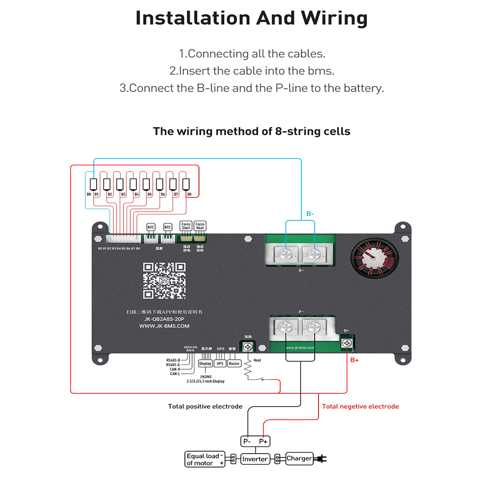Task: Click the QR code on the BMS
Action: (164, 281)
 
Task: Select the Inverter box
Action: (255, 459)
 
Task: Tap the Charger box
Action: (299, 458)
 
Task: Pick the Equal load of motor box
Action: (205, 459)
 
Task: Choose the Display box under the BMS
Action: (205, 364)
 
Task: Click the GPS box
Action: (220, 364)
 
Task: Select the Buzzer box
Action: (234, 364)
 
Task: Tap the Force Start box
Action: (186, 226)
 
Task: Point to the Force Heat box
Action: (200, 226)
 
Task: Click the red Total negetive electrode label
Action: (360, 407)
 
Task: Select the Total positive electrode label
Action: (205, 407)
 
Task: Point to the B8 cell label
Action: (190, 194)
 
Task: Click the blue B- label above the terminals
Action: (310, 214)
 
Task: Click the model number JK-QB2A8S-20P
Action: (164, 319)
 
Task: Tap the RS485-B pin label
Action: (173, 360)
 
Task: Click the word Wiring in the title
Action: (334, 18)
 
